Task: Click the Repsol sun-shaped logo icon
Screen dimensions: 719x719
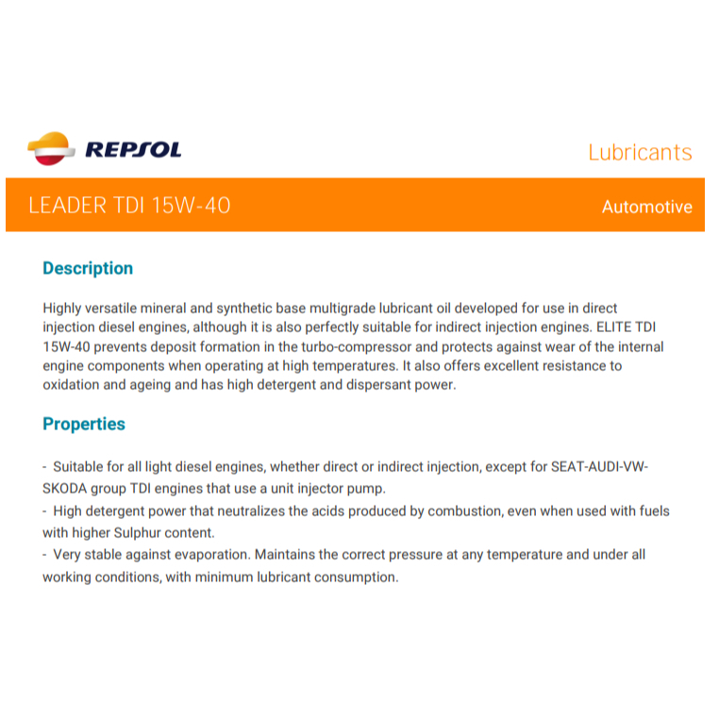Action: coord(50,149)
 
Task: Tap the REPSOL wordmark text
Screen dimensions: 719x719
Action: coord(133,150)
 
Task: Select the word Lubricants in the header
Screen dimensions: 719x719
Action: coord(640,152)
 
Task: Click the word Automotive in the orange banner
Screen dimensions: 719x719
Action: coord(646,207)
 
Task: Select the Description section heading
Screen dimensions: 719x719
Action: coord(88,268)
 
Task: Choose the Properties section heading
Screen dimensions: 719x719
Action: coord(84,424)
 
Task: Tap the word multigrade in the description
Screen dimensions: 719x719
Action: coord(358,309)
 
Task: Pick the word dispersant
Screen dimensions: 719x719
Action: coord(376,384)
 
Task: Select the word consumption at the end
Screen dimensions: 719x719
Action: coord(355,576)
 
